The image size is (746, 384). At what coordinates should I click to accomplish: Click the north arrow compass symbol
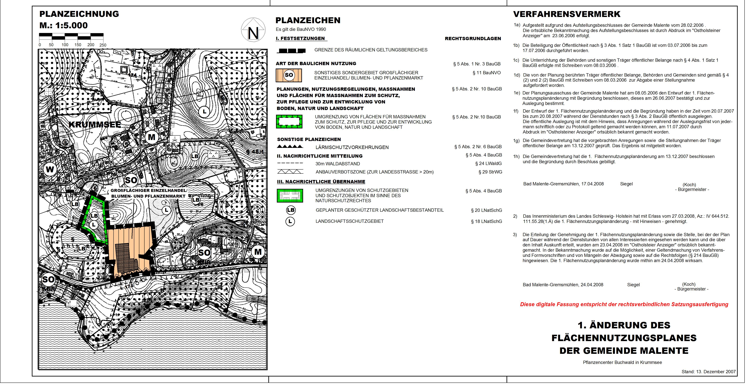pos(253,30)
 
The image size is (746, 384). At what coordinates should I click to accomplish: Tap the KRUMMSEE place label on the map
pos(95,125)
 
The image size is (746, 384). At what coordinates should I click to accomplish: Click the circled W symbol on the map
pos(50,170)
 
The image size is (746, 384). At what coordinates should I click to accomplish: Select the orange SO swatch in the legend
pos(289,75)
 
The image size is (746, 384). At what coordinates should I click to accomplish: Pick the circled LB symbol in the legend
pos(291,210)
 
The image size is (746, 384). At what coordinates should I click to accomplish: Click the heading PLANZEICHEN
pos(308,20)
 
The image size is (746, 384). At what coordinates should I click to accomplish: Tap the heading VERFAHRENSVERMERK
pos(567,14)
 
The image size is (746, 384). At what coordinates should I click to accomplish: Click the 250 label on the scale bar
pos(103,45)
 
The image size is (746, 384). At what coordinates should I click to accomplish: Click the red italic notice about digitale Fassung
pos(624,304)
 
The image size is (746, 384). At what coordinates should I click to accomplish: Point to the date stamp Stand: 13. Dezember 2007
pos(709,372)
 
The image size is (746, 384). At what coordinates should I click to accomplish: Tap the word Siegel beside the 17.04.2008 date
pos(626,184)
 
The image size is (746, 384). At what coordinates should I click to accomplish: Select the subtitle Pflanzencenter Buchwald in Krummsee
pos(622,362)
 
